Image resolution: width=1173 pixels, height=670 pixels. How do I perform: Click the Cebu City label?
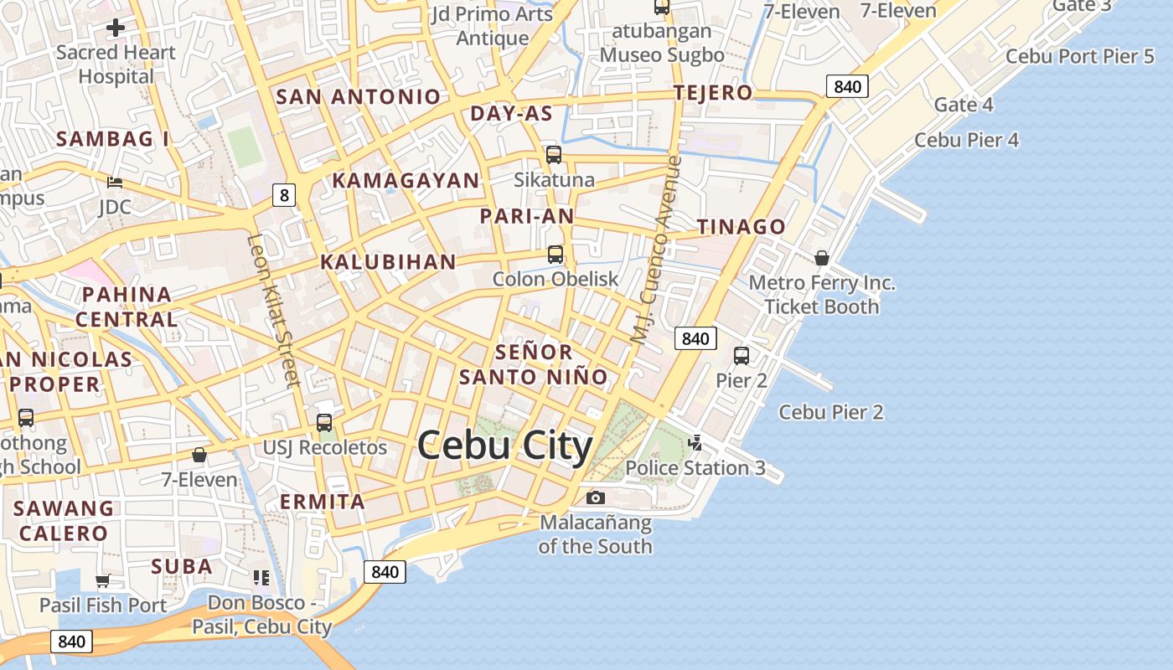pos(504,446)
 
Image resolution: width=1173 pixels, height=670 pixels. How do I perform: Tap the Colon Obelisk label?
pos(555,279)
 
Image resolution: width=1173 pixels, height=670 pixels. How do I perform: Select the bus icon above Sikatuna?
pos(553,155)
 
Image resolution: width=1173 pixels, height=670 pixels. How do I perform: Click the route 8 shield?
pos(285,195)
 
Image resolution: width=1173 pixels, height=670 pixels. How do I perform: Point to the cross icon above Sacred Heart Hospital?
pos(116,28)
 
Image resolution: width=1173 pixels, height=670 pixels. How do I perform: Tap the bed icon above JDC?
pos(115,182)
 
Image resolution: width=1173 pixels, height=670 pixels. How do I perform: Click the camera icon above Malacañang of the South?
pos(595,498)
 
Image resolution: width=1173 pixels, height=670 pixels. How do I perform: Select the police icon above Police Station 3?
pos(695,442)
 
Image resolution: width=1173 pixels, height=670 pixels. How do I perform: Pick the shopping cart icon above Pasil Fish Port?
pos(103,580)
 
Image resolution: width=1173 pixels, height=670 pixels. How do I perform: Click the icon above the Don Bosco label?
pos(261,578)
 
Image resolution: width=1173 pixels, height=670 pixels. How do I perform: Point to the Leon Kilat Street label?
pos(273,311)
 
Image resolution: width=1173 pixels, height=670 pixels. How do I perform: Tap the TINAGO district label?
pos(742,227)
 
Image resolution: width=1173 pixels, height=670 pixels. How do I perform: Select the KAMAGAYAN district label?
pos(406,180)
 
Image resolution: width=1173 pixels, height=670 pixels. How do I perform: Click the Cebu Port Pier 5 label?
pos(1079,56)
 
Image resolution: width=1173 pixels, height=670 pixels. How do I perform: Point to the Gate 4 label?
pos(964,105)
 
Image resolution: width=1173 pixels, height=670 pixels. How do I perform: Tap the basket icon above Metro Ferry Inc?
pos(822,258)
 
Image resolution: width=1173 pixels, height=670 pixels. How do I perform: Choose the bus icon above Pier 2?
pos(742,356)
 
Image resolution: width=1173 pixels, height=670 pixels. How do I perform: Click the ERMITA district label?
pos(323,502)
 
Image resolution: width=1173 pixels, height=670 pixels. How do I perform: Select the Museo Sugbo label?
pos(662,55)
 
